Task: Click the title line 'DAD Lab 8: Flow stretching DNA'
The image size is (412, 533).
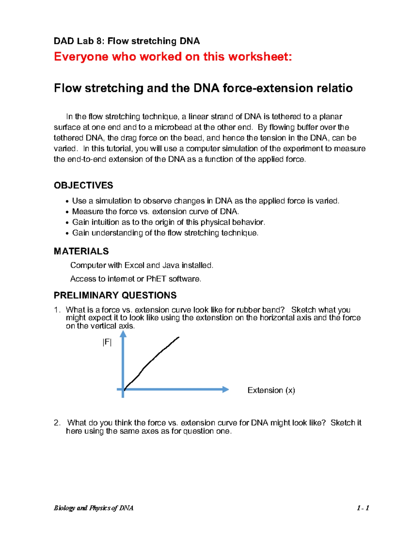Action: (x=127, y=41)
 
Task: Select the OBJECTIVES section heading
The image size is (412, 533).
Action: (x=83, y=185)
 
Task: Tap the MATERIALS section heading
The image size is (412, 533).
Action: (x=81, y=251)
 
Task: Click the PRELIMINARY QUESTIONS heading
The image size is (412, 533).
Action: (x=115, y=295)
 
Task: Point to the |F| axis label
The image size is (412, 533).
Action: (x=107, y=342)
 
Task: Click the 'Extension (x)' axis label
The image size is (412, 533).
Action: (x=271, y=390)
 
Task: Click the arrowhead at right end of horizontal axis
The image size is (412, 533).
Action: (x=226, y=389)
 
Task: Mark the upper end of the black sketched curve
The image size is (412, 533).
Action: (x=179, y=337)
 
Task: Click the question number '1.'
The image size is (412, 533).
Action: (x=57, y=310)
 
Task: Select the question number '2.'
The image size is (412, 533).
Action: (x=57, y=423)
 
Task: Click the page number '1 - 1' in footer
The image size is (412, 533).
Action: (x=363, y=508)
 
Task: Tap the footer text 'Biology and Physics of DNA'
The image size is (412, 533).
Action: (x=93, y=508)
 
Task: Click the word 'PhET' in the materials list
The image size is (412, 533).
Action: (x=156, y=279)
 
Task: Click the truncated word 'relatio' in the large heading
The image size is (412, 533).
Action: (x=334, y=88)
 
